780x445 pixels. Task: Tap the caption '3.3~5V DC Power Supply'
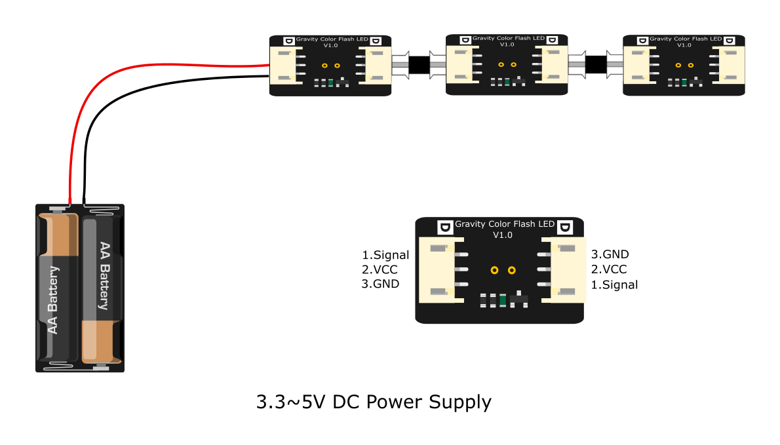point(374,401)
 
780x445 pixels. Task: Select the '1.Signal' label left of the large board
point(385,255)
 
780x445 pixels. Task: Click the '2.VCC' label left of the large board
point(380,269)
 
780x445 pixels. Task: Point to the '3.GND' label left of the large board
point(380,284)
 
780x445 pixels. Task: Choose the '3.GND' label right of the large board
point(610,254)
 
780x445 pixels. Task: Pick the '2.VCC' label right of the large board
point(609,269)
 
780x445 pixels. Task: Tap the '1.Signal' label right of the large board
point(614,284)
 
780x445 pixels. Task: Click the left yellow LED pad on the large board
point(495,270)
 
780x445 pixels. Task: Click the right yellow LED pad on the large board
point(512,270)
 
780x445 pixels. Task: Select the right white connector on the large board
point(566,269)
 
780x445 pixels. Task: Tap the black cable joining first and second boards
point(418,65)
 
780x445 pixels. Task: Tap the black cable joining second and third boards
point(595,65)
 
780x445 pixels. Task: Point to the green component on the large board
point(503,301)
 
